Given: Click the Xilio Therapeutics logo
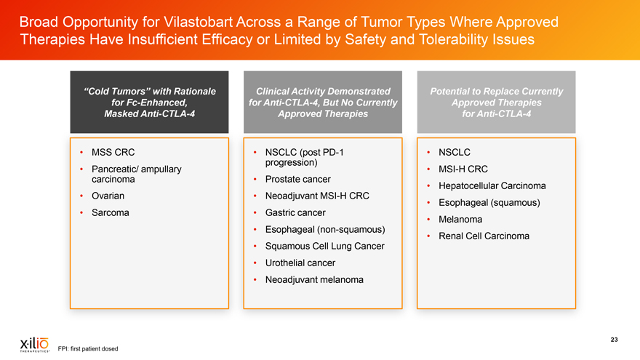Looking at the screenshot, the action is coord(35,345).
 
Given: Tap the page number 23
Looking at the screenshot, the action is coord(614,340).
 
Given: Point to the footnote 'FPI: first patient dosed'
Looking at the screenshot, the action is coord(88,348).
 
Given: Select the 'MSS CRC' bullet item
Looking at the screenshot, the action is coord(113,152).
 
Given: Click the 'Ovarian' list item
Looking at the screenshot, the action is coord(108,196).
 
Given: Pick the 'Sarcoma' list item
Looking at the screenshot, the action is coord(111,212).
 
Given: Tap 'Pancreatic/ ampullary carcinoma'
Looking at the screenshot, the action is coord(136,174).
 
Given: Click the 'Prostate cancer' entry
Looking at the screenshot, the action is coord(298,179).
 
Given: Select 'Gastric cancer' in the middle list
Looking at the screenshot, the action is coord(295,212).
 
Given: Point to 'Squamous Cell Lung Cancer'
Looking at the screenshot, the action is coord(325,246).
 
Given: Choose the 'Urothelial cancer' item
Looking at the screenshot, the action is coord(300,263).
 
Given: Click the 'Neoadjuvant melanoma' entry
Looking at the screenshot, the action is coord(314,279).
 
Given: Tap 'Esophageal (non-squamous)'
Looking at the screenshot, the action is coord(325,229).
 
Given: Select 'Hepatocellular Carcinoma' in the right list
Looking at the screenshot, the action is coord(492,185).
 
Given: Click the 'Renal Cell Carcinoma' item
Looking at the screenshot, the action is coord(484,236).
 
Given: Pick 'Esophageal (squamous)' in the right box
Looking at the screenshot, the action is coord(489,202).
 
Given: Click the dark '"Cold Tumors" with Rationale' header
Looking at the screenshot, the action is coord(149,102).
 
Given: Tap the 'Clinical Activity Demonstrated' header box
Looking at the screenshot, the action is coord(323,102).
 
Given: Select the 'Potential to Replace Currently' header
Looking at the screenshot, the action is coord(496,102).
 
